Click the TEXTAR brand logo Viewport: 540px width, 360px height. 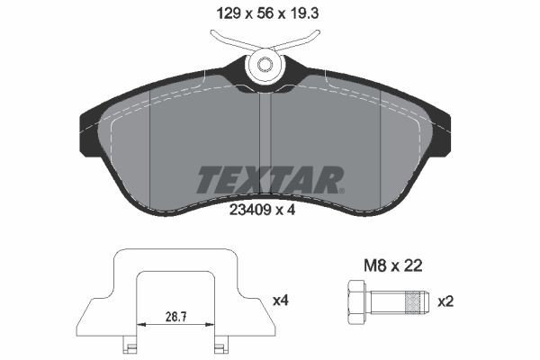click(269, 180)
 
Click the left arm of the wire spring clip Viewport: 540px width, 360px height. click(229, 40)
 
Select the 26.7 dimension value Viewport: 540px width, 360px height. click(175, 318)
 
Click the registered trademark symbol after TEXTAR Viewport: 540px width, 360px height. click(339, 190)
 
